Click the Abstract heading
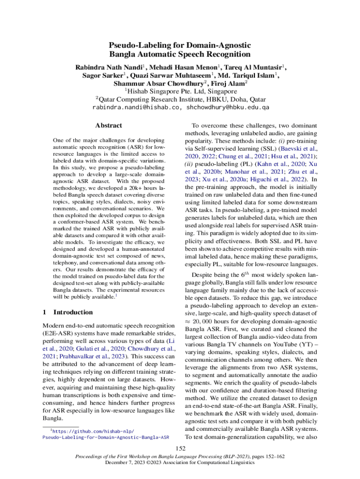[x=108, y=125]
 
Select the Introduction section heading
[x=73, y=312]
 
